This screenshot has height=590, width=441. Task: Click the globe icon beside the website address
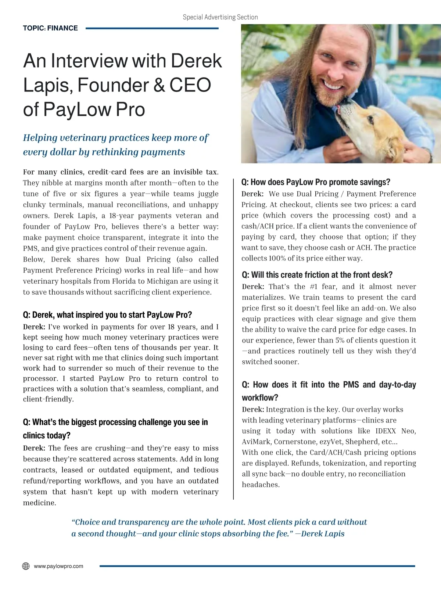(x=26, y=566)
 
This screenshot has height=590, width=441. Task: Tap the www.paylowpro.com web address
(x=58, y=566)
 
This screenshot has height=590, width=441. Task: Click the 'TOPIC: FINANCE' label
(x=50, y=28)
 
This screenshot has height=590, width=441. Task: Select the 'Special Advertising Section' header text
(x=220, y=17)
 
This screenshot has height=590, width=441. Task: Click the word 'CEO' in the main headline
(x=190, y=85)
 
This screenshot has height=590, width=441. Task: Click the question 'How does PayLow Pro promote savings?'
(x=316, y=182)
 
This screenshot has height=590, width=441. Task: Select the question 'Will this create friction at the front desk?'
(x=317, y=275)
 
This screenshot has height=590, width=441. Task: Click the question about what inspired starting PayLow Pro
(x=107, y=315)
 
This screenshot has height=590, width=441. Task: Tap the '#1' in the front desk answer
(x=313, y=287)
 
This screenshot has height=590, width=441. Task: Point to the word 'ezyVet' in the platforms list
(x=330, y=442)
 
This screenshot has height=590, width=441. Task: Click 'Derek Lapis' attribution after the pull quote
(x=323, y=533)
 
